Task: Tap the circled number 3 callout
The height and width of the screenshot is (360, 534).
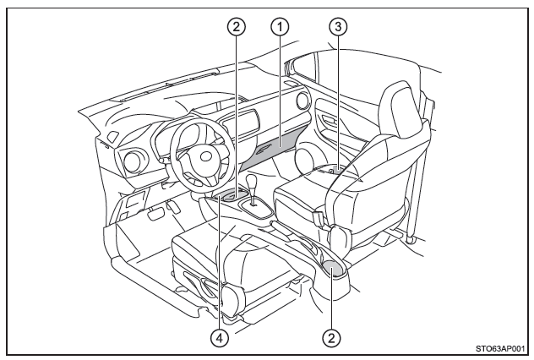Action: click(x=340, y=26)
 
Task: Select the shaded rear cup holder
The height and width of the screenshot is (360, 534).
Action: click(x=332, y=268)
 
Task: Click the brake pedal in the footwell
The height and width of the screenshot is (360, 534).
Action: click(x=154, y=215)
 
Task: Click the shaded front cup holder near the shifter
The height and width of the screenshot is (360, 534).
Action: click(x=226, y=198)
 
